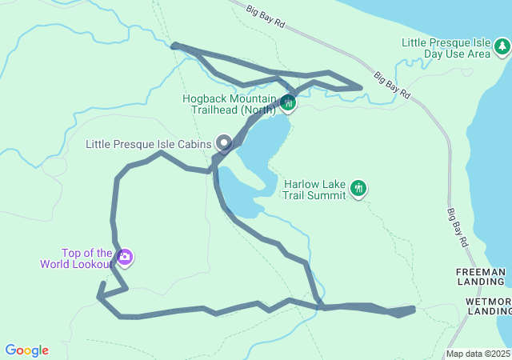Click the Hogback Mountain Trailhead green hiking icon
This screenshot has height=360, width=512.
[x=288, y=103]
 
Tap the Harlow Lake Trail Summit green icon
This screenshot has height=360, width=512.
[x=359, y=188]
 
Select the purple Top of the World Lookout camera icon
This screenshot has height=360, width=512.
[x=125, y=258]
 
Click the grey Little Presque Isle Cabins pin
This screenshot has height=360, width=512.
[x=224, y=144]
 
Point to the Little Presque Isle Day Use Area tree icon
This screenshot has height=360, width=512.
[x=502, y=47]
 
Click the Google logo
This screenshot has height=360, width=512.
[x=26, y=350]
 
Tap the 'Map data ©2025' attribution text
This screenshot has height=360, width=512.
[x=478, y=354]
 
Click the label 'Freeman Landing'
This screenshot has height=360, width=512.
[x=482, y=277]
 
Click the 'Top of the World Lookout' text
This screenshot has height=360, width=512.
[x=87, y=258]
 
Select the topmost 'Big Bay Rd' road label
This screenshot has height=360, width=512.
[x=266, y=18]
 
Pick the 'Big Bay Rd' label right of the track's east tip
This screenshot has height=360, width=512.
[x=392, y=86]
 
